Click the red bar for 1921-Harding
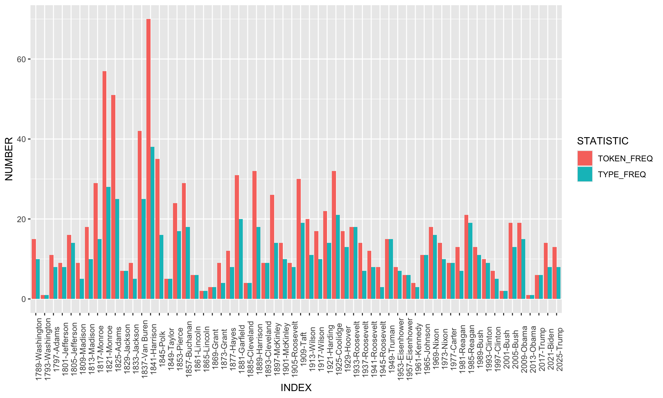(334, 235)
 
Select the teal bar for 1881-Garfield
(241, 259)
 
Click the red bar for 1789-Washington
(34, 269)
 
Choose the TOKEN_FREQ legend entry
(625, 159)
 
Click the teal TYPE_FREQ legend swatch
(585, 174)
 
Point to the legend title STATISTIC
(603, 141)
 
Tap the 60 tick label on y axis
(21, 59)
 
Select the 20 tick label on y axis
(21, 219)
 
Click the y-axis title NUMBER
(9, 159)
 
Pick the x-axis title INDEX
(296, 388)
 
